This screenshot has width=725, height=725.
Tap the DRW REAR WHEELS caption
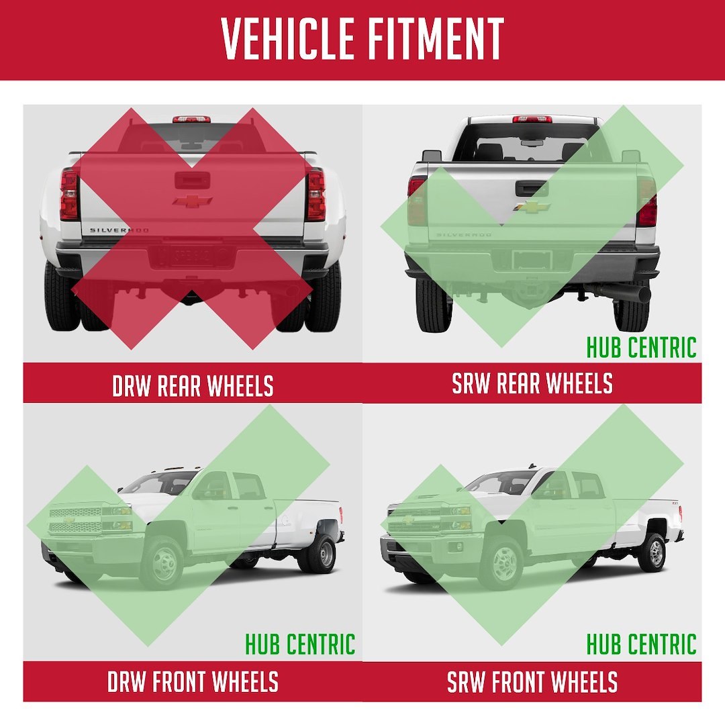click(193, 385)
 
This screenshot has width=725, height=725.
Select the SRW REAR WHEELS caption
click(532, 383)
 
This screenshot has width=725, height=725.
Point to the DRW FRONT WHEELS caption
click(193, 681)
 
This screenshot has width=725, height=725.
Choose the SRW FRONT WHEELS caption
click(532, 681)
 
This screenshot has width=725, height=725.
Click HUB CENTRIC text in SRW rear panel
click(641, 347)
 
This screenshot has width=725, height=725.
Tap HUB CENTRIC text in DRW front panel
click(300, 644)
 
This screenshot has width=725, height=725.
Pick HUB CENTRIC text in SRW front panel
click(641, 644)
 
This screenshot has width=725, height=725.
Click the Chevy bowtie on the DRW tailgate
click(193, 201)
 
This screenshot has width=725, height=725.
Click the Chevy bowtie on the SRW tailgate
click(531, 206)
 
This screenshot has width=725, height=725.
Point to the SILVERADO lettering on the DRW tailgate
click(119, 230)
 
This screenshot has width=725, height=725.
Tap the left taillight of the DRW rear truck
click(69, 195)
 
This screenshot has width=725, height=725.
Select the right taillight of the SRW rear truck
click(646, 203)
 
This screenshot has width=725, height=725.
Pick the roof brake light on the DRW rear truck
click(191, 119)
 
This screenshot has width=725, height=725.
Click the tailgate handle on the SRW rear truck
click(532, 188)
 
